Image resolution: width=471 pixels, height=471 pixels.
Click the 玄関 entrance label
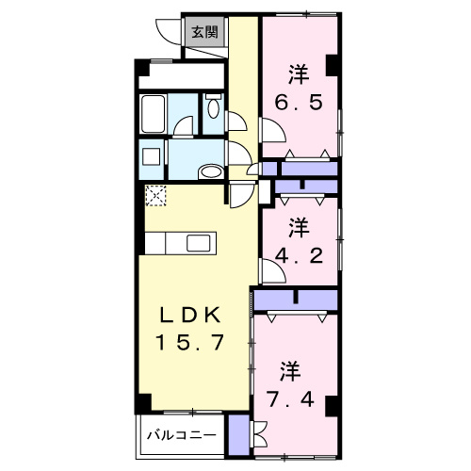tap(204, 31)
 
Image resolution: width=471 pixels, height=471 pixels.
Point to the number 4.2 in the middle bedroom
tap(297, 252)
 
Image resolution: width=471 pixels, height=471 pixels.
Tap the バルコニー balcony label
tap(183, 438)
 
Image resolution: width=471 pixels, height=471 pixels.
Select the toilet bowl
tap(211, 108)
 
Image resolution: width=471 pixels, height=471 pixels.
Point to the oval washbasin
tap(212, 171)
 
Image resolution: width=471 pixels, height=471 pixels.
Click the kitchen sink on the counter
tap(199, 243)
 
